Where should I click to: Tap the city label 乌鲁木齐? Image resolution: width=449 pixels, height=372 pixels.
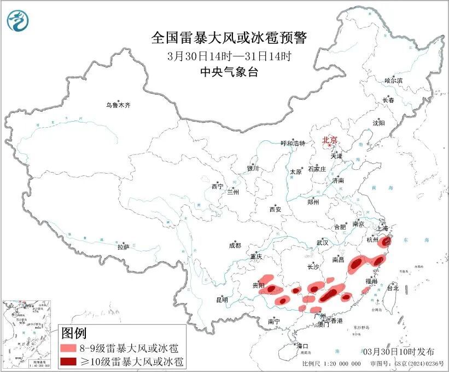119,105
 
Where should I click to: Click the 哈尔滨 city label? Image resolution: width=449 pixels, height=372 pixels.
393,81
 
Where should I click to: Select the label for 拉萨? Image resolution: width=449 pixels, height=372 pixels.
123,247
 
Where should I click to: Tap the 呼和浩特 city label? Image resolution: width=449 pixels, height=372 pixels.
293,143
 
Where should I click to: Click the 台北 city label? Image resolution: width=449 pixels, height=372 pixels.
393,288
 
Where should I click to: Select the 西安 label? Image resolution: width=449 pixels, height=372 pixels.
275,209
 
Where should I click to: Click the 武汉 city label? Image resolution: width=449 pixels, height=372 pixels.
322,242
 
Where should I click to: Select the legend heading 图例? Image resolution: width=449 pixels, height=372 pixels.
73,333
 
